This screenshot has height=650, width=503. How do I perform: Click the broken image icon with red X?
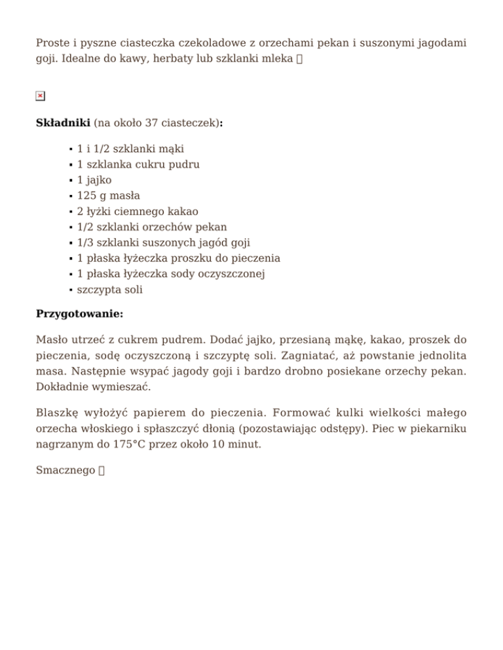[x=40, y=96]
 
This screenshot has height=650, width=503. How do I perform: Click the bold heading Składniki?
[x=63, y=123]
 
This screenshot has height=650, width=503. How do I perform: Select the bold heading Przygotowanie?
[x=79, y=313]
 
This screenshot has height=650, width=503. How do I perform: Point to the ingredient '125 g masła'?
[x=109, y=196]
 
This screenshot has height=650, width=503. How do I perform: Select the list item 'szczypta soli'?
[x=110, y=290]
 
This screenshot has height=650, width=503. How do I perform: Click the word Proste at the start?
[x=52, y=43]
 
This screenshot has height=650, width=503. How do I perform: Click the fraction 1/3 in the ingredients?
[x=86, y=243]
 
